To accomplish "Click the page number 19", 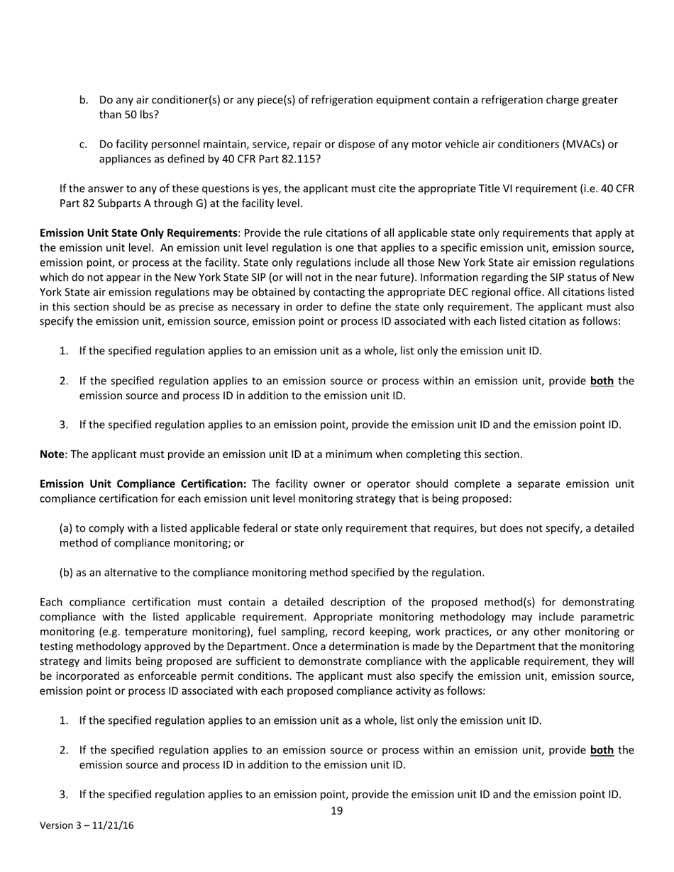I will tap(337, 810).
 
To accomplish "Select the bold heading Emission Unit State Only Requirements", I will tap(138, 233).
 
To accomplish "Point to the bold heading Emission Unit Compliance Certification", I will tap(143, 484).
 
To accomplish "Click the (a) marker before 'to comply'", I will tap(66, 528).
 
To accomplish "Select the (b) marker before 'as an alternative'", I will tap(66, 573).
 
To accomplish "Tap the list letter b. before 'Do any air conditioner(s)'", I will tap(84, 100).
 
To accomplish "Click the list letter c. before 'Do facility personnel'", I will tap(84, 144).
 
